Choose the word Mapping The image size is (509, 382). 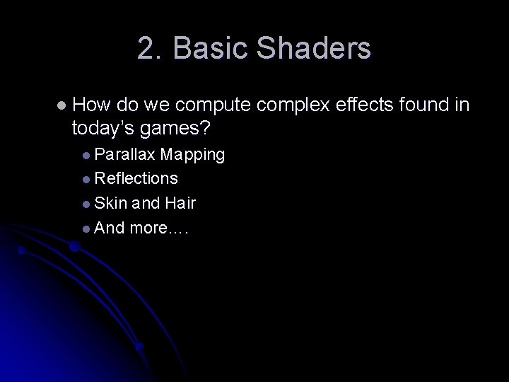coord(192,154)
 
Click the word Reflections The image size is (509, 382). coord(136,179)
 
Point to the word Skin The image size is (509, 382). coord(110,204)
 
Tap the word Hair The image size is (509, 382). coord(180,204)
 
